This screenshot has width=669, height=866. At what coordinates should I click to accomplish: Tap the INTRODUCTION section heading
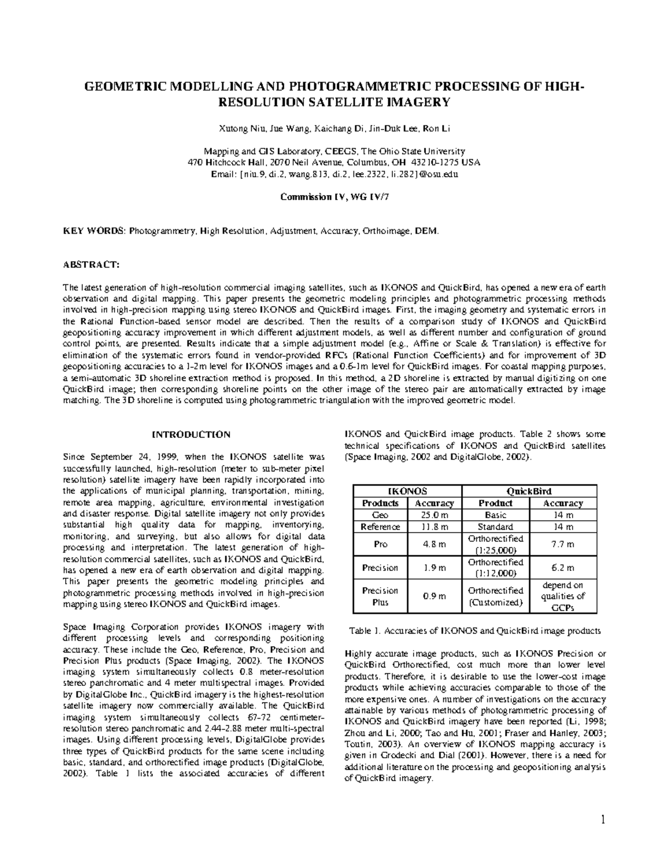[191, 434]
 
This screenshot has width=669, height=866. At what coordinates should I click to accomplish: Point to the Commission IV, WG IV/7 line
[334, 197]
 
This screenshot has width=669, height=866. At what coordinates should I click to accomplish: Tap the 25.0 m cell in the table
[434, 515]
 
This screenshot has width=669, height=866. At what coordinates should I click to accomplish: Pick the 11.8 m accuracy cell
[434, 527]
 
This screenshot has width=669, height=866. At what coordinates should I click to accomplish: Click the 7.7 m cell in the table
[563, 544]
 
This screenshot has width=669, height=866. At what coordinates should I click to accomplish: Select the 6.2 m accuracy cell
[563, 568]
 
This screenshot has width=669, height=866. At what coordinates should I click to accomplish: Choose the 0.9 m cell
[434, 596]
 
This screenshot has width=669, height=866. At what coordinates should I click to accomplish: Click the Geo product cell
[380, 515]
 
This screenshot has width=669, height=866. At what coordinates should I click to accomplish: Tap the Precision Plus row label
[380, 596]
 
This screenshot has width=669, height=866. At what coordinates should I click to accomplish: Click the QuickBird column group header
[528, 491]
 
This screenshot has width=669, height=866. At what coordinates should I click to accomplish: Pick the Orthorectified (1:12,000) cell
[496, 568]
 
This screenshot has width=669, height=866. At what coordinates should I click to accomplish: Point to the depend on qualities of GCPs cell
[563, 596]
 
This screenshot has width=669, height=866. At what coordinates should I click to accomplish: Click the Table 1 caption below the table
[474, 631]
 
